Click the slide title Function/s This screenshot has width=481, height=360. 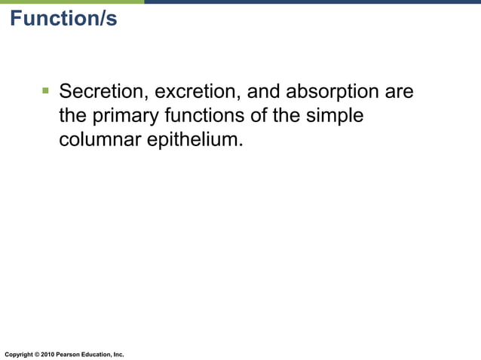(x=64, y=19)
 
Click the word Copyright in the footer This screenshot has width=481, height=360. (x=18, y=354)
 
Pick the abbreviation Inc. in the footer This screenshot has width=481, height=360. (x=118, y=354)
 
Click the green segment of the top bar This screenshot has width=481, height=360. (x=72, y=2)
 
